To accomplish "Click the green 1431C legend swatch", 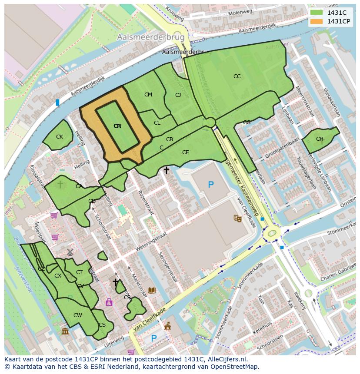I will [x=317, y=13].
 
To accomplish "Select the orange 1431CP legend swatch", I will [x=317, y=22].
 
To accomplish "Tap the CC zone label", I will [x=237, y=76].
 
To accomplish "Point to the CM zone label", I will [x=148, y=95].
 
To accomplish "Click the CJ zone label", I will [x=178, y=95].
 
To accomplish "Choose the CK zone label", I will [x=60, y=137].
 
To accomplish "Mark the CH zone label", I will [x=320, y=139].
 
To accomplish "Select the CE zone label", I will [x=186, y=152].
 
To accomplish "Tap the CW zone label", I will [x=77, y=315].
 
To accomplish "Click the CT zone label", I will [x=79, y=272].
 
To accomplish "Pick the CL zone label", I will [x=157, y=123].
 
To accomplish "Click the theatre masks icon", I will [x=237, y=218].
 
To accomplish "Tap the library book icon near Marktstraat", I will [x=152, y=290].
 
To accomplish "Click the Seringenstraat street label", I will [x=168, y=268].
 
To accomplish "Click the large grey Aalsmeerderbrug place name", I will [x=151, y=37].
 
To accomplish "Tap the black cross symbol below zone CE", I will [x=166, y=171].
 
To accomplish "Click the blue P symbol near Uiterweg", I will [x=153, y=338].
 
